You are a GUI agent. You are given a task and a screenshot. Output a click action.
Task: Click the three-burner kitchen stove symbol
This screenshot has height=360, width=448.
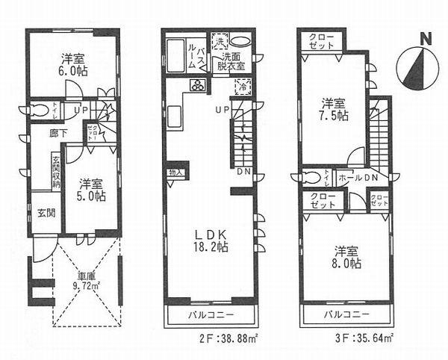pyautogui.click(x=199, y=85)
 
